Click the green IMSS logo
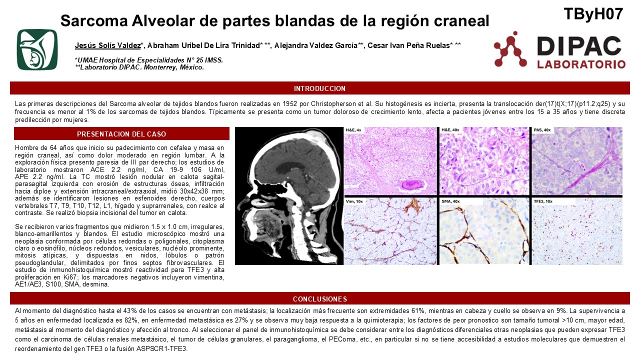(x=37, y=49)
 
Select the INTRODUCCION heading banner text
(x=319, y=88)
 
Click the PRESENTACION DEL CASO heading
(x=121, y=134)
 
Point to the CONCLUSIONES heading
(x=319, y=299)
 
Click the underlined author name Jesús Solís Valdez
(x=107, y=45)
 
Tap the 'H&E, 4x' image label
(x=353, y=130)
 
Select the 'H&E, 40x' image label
(x=450, y=130)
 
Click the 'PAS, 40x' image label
(x=542, y=130)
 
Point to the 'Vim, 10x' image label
(x=354, y=201)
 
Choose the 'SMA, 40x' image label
(x=450, y=201)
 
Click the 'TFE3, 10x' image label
(x=543, y=201)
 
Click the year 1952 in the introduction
(x=290, y=103)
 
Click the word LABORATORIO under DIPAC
(x=581, y=64)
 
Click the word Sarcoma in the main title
(x=94, y=20)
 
